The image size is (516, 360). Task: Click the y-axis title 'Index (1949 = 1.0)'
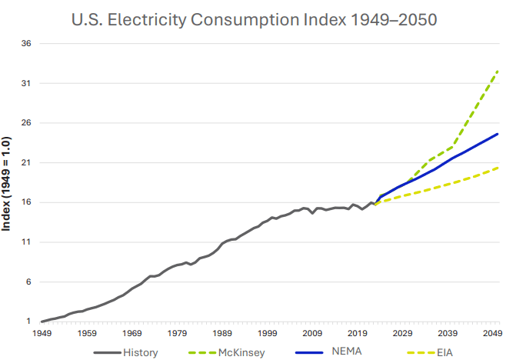coord(8,184)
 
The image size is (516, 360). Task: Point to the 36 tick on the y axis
coord(25,44)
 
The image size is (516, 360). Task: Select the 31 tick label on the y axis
coord(25,83)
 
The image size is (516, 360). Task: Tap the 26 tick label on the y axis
coord(25,123)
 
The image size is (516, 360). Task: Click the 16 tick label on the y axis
coord(25,202)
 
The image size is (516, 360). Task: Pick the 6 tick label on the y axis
coord(28,282)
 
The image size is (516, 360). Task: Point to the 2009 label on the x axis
coord(312,334)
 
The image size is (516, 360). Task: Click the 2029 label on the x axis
coord(402,334)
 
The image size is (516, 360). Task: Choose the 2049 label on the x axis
coord(492,334)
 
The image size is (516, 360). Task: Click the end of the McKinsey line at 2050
coord(498,71)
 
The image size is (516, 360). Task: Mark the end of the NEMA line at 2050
coord(498,134)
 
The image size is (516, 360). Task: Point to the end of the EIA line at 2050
coord(498,167)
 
